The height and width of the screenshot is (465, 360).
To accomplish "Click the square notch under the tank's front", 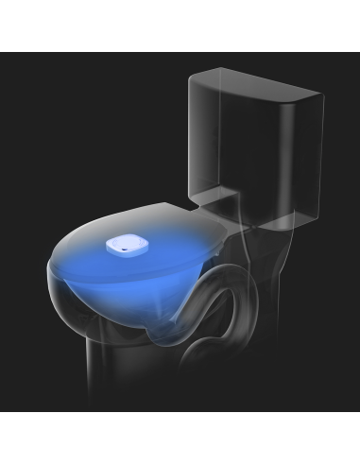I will pyautogui.click(x=218, y=200).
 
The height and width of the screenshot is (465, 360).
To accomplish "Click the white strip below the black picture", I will pyautogui.click(x=180, y=439).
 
